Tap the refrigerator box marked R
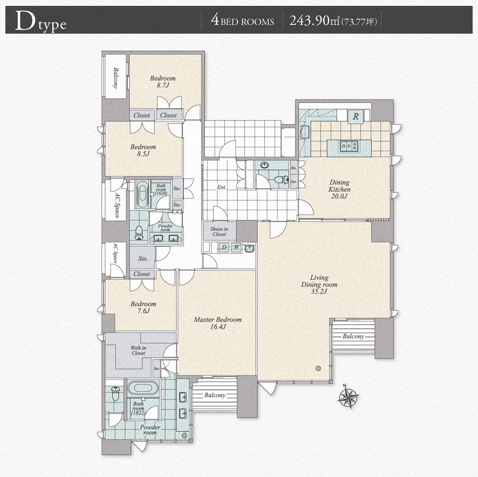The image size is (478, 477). click(356, 117)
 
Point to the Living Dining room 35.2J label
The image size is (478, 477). click(319, 284)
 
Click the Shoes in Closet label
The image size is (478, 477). click(219, 232)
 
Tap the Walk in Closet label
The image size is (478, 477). click(138, 350)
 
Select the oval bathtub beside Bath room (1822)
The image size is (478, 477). click(143, 388)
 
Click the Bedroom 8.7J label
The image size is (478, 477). click(163, 81)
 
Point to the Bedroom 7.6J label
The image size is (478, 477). click(143, 307)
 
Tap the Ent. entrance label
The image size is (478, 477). click(221, 187)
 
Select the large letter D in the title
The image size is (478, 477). click(25, 20)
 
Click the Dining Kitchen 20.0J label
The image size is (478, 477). click(339, 189)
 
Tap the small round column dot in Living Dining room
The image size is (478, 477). click(318, 368)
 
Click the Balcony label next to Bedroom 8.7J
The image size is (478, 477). click(116, 78)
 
